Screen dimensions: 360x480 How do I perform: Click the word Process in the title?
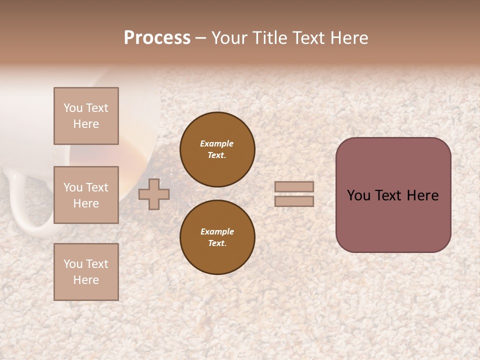(x=157, y=38)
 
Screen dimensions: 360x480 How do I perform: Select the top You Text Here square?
(x=86, y=116)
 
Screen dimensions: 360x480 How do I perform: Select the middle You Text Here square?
(x=86, y=195)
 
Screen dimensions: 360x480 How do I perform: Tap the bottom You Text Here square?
(x=86, y=271)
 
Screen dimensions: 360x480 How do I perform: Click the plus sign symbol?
(x=153, y=194)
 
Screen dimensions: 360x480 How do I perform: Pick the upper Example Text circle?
(x=217, y=149)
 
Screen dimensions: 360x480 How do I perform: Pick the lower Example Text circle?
(x=217, y=237)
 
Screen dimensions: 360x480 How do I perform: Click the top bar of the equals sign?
(x=294, y=186)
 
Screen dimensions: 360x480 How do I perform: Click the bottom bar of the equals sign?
(x=294, y=201)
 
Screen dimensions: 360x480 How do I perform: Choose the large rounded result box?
(x=393, y=195)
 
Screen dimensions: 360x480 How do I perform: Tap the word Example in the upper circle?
(x=217, y=143)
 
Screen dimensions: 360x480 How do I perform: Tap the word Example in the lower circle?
(x=217, y=231)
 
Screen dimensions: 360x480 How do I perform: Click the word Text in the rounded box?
(x=388, y=195)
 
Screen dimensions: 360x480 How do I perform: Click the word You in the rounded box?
(x=358, y=195)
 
